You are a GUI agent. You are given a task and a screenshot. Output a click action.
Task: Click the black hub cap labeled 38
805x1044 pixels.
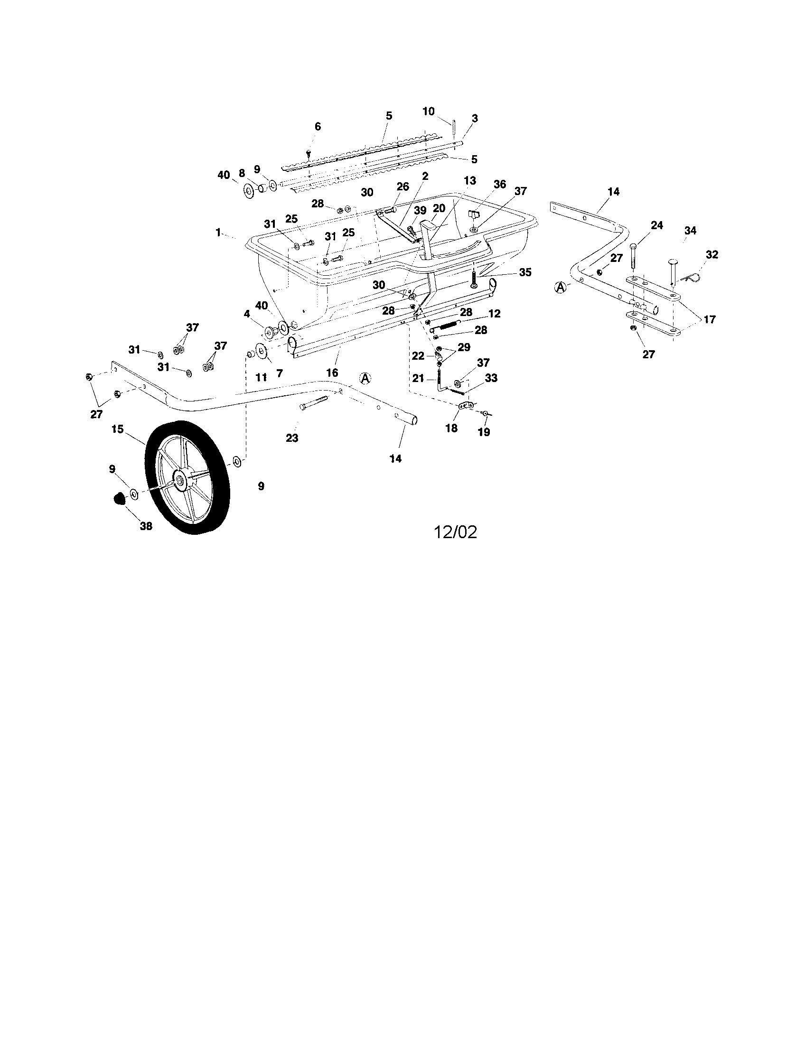coord(119,499)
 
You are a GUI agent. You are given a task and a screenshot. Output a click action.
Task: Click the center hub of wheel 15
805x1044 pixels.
coord(180,480)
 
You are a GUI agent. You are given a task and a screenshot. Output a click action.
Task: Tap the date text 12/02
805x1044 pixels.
coord(455,532)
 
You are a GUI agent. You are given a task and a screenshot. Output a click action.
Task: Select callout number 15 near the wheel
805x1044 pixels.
coord(118,429)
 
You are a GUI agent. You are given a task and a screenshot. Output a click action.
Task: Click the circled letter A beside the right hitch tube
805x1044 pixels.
coord(560,287)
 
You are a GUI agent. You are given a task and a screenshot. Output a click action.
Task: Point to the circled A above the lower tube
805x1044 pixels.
coord(365,378)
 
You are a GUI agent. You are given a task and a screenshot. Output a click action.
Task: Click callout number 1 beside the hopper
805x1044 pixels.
coord(218,233)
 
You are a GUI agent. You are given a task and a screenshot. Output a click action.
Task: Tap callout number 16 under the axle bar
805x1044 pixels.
coord(332,373)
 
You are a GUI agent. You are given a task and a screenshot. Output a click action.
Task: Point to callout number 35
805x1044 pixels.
coord(525,272)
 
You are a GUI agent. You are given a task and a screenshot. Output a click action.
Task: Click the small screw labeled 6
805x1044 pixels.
coord(309,152)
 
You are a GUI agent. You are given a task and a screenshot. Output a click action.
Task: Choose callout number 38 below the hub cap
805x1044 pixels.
coord(146,526)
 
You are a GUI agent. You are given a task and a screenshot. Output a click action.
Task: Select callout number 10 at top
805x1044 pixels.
coord(428,111)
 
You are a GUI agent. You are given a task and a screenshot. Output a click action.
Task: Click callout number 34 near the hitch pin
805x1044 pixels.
coord(690,231)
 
